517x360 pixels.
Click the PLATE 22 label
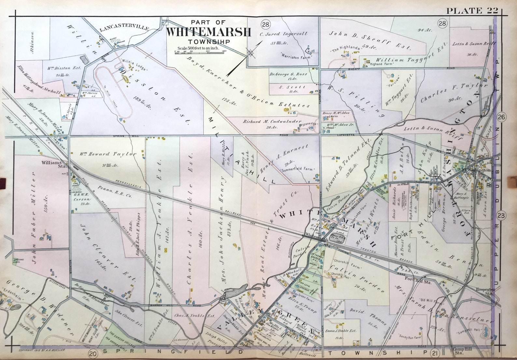(x=472, y=11)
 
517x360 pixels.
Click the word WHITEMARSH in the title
(x=208, y=32)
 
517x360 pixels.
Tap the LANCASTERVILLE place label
(x=124, y=29)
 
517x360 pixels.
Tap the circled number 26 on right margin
(x=502, y=117)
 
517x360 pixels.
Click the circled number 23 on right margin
(x=502, y=215)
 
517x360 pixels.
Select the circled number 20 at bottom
(x=93, y=353)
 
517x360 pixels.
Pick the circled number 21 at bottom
(x=434, y=353)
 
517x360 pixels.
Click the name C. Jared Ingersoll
(x=283, y=34)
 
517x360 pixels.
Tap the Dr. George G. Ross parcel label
(x=288, y=74)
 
